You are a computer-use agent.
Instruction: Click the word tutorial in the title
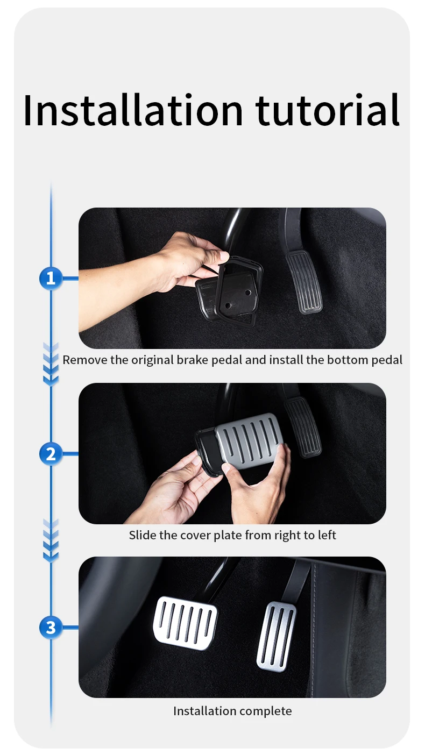(x=328, y=110)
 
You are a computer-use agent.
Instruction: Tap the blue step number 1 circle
(x=51, y=279)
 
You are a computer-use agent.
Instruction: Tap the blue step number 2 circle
(x=51, y=454)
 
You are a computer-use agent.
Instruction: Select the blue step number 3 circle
(x=51, y=627)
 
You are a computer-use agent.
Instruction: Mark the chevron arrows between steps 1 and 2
(x=51, y=365)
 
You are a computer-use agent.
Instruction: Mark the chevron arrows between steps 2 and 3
(x=51, y=540)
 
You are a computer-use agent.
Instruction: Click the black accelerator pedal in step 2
(x=303, y=427)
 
